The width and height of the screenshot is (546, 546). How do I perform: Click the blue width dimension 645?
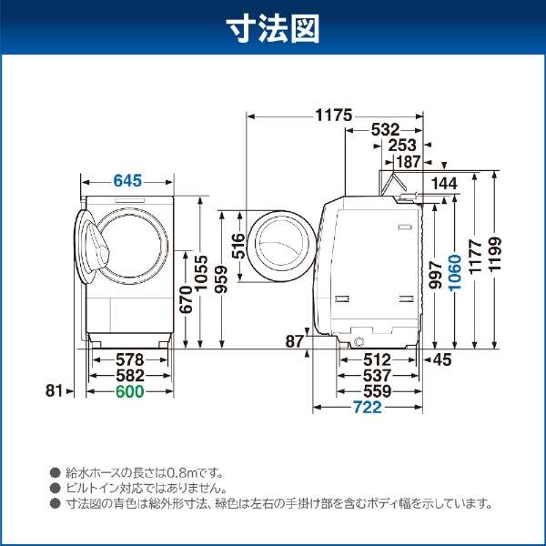coord(128,181)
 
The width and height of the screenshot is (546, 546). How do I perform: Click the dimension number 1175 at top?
coord(335,116)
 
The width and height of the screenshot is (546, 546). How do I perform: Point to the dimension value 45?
coord(441,359)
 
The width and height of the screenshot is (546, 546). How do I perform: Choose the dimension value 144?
coord(445,183)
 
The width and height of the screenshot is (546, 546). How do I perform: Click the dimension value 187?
coord(406,161)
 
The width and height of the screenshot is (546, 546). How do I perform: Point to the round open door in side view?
coord(281,246)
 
